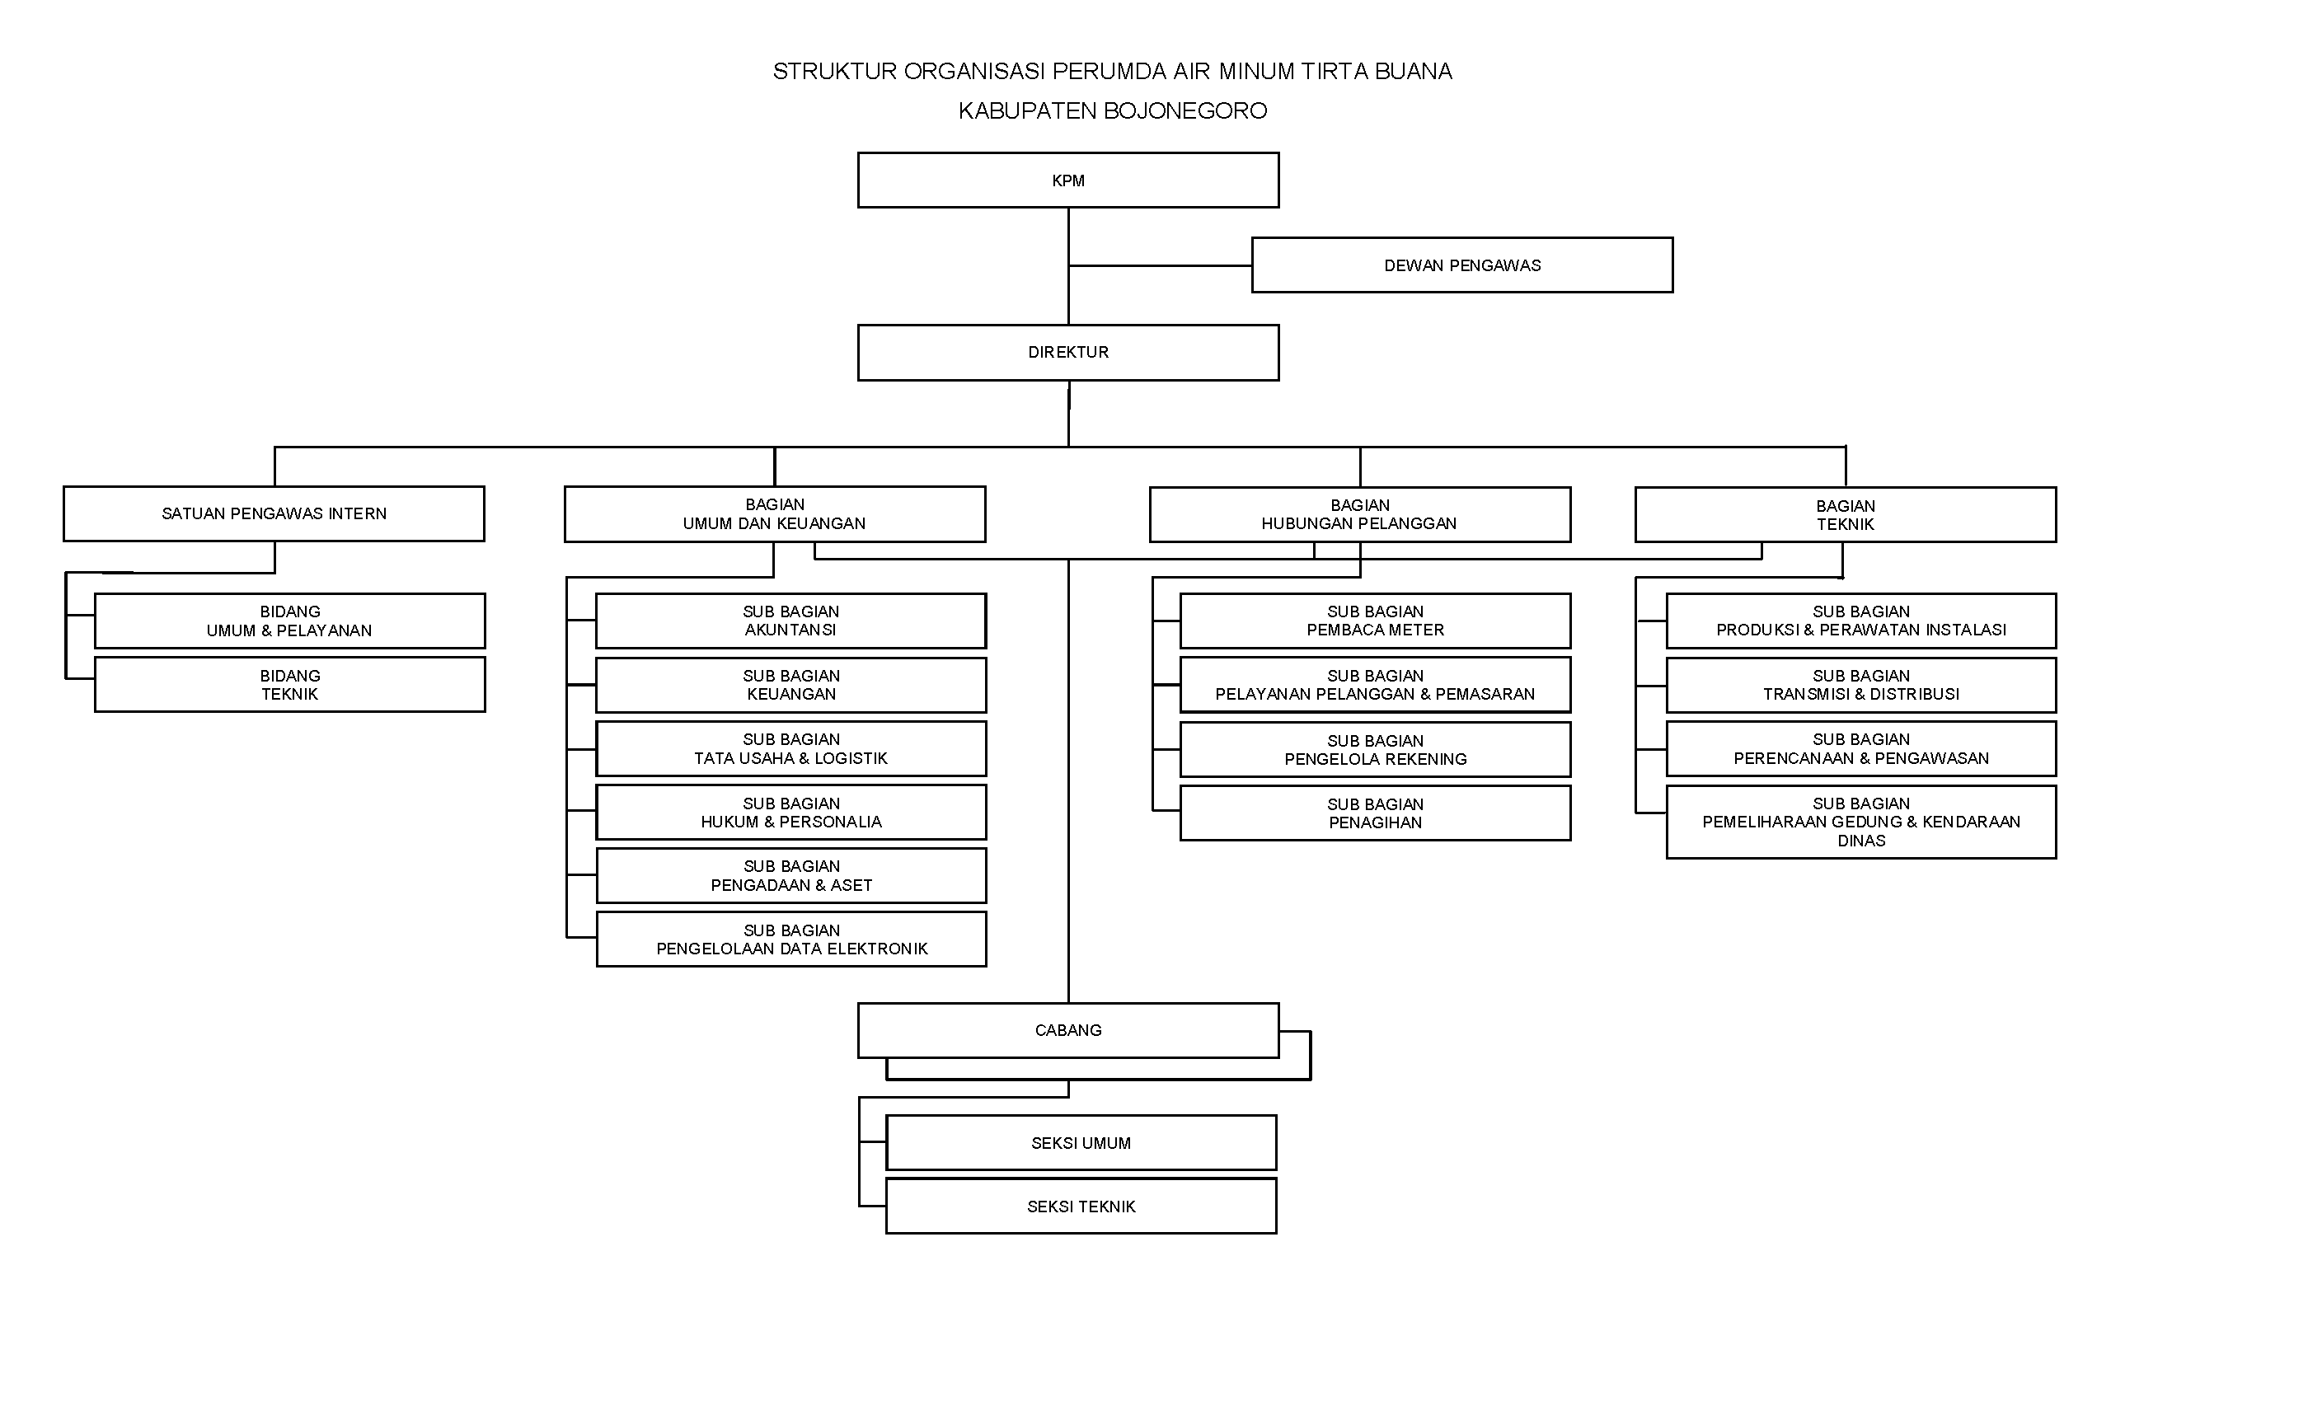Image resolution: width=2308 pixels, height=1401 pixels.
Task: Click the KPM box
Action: (1067, 180)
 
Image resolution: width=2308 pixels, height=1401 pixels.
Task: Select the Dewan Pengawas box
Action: (1461, 265)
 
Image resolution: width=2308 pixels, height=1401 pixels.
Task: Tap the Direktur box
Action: (1067, 352)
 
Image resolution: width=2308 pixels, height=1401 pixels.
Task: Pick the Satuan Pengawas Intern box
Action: (274, 513)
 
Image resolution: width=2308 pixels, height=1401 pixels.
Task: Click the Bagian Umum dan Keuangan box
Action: (775, 514)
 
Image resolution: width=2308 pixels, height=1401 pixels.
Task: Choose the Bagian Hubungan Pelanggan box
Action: (1359, 514)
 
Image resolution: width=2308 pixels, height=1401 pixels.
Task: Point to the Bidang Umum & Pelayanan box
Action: (289, 621)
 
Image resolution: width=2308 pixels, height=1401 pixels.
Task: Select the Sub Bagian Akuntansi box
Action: (790, 621)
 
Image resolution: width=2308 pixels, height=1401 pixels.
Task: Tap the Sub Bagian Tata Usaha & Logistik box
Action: (790, 748)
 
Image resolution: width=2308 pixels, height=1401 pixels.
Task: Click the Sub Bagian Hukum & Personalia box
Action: (790, 812)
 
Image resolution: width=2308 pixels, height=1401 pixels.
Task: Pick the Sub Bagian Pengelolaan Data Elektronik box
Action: (790, 939)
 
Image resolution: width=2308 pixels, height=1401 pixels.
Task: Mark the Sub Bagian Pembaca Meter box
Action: (1375, 621)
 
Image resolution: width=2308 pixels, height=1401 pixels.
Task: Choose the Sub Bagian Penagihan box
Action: (1375, 813)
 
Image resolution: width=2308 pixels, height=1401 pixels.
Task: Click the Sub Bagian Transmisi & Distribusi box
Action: (1860, 685)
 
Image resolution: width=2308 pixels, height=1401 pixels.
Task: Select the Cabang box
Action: (1067, 1030)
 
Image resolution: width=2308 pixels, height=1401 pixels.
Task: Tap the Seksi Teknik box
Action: (1081, 1207)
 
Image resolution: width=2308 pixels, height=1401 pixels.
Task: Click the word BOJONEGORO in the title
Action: (1185, 110)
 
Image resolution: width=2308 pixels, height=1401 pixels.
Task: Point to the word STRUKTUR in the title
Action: (834, 71)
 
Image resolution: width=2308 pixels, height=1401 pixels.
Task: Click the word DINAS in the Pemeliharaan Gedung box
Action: (1860, 841)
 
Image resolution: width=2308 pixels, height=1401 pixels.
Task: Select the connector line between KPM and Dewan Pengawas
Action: (1160, 266)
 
